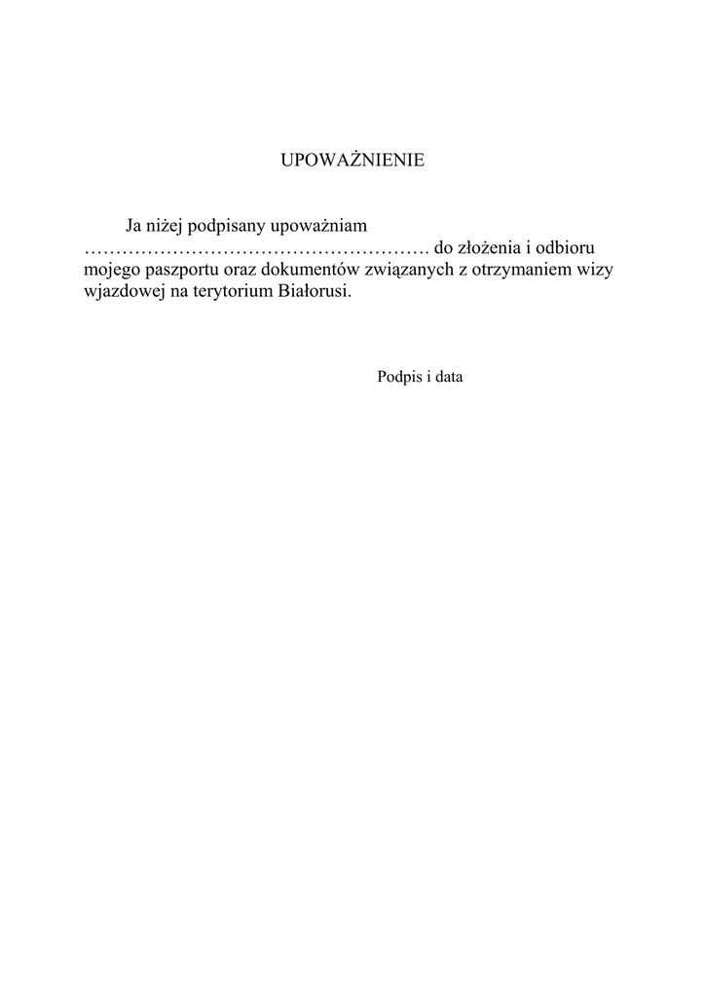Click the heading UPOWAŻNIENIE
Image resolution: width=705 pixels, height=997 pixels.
click(x=352, y=161)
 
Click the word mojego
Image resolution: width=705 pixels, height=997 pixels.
click(x=111, y=271)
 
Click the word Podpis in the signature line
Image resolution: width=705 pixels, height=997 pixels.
click(x=396, y=377)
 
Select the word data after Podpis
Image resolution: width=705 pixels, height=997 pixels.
click(x=448, y=376)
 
